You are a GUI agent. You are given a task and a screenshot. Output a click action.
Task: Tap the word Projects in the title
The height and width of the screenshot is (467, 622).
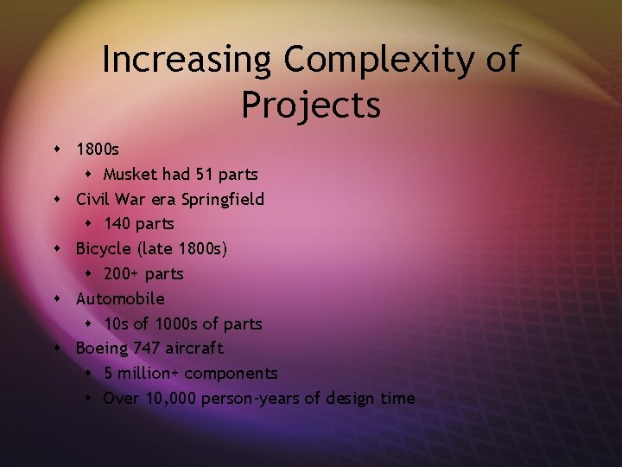pos(311,105)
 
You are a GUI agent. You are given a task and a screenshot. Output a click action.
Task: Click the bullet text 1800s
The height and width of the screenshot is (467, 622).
pos(98,150)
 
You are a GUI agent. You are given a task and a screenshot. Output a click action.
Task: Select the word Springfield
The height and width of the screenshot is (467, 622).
pos(222,200)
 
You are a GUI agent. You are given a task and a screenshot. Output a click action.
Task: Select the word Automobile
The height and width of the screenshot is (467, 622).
pos(120,298)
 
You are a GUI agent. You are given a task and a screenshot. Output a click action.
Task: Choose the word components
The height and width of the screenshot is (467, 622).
pos(231,374)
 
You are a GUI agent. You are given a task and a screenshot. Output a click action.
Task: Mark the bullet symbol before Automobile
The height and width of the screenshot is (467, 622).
pos(57,299)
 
